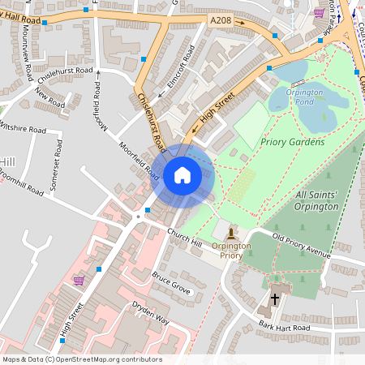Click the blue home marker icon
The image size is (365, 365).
click(182, 174)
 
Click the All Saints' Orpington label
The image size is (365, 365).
click(328, 201)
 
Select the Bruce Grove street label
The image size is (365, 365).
click(170, 282)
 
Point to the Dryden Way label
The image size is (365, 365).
click(151, 312)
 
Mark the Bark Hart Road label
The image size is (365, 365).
click(284, 326)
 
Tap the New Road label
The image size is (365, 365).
click(49, 97)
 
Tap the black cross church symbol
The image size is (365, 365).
click(274, 298)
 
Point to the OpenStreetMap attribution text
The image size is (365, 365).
click(82, 359)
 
